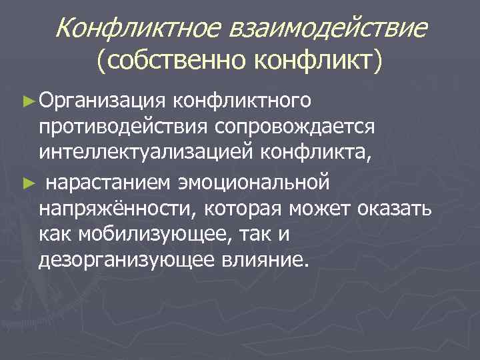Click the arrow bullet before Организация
click(x=28, y=102)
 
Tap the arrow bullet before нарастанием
click(x=28, y=181)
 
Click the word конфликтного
click(x=241, y=102)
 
